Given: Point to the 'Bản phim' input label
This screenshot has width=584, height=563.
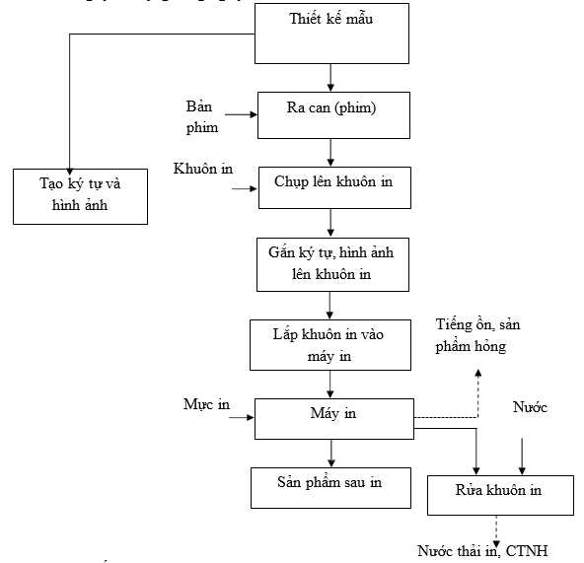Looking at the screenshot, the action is [202, 117].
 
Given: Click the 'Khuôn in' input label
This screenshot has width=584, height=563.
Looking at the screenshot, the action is [203, 169].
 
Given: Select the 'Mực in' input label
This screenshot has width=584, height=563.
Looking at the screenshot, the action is [206, 404].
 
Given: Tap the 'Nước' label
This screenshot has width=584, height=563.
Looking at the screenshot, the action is [530, 407].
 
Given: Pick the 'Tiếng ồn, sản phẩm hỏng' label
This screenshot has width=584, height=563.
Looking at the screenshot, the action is [477, 335].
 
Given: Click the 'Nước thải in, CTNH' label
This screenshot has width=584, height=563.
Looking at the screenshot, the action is [482, 551].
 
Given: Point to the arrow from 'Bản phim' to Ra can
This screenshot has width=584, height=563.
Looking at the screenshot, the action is [241, 114].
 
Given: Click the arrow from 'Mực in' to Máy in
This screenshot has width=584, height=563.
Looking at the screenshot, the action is [242, 417].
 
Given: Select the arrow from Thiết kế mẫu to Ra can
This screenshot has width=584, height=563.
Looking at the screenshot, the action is [330, 78].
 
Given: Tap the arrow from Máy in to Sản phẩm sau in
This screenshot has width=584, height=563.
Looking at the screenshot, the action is [331, 454].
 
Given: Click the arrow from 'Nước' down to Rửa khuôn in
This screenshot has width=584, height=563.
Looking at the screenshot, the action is [522, 457].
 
